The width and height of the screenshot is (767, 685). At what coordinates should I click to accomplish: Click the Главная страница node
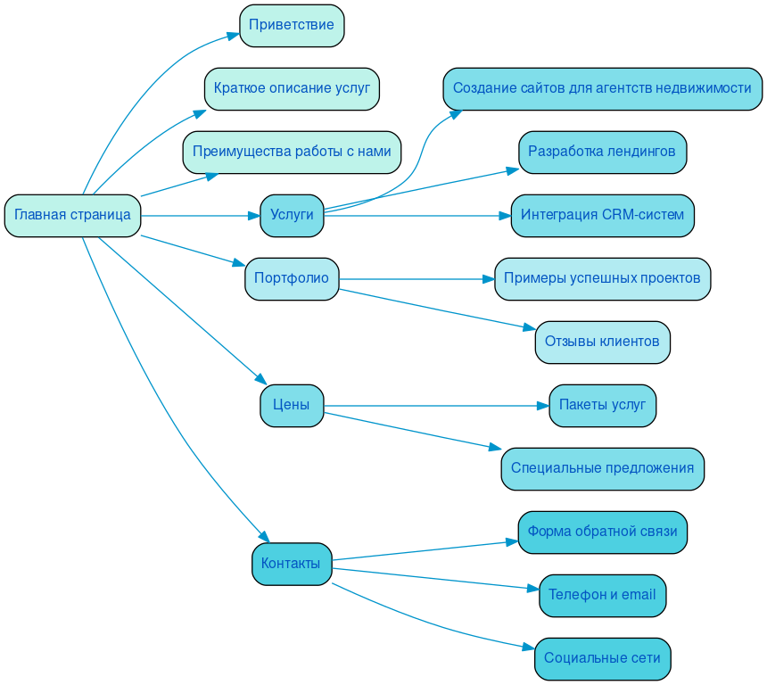pos(72,216)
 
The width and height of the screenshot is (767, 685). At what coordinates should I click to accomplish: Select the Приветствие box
pos(292,25)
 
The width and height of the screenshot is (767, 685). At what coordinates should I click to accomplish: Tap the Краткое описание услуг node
pos(292,88)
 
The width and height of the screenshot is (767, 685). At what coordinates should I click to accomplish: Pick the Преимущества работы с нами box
pos(292,152)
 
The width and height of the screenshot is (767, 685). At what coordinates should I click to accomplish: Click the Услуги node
pos(292,216)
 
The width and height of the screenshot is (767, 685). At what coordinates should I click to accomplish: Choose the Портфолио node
pos(292,278)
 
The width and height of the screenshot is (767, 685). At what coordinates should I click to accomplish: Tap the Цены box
pos(292,405)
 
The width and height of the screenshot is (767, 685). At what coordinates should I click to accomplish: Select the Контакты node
pos(292,564)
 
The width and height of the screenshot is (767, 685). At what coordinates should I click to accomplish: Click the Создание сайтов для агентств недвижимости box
pos(602,88)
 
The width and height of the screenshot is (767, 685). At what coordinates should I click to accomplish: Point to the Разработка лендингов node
pos(602,152)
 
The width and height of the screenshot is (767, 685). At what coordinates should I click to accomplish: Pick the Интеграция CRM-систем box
pos(602,216)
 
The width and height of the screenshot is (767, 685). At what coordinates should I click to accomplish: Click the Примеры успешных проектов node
pos(602,278)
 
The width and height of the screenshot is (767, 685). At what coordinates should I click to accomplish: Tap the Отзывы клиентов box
pos(602,342)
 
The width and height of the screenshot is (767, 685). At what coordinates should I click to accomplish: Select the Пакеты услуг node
pos(602,405)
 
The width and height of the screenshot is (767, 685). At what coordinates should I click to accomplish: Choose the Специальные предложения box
pos(602,468)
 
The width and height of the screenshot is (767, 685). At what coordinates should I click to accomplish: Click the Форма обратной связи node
pos(602,532)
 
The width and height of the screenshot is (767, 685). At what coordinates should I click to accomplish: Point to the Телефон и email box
pos(602,595)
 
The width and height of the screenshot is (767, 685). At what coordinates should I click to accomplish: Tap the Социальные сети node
pos(602,658)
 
